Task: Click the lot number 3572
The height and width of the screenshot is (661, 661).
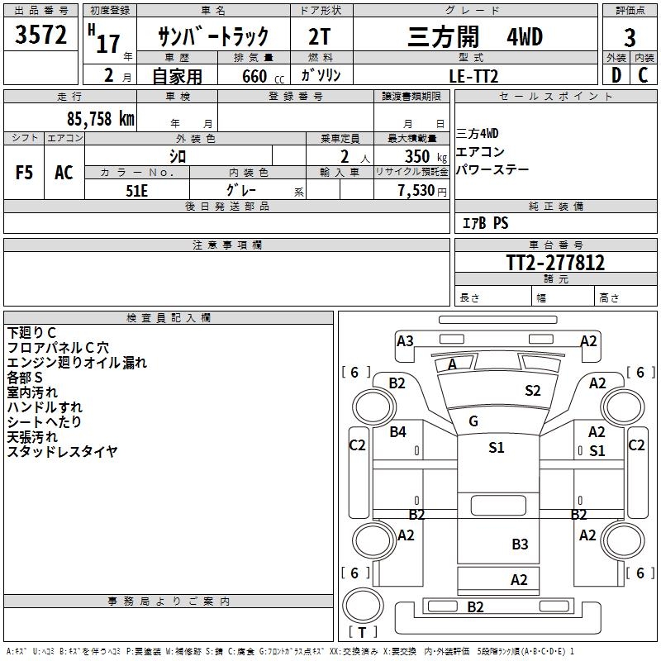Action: coord(41,35)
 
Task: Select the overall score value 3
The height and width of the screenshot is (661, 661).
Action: coord(630,37)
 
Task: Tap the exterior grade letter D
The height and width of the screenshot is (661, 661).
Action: coord(616,75)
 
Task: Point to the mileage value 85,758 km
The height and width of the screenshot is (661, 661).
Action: coord(100,118)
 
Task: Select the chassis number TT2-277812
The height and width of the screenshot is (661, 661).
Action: coord(555,263)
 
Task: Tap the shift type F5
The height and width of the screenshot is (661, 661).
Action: coord(24,173)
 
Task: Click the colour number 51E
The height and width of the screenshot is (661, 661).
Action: coord(137,189)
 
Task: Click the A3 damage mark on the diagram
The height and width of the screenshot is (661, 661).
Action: coord(405,340)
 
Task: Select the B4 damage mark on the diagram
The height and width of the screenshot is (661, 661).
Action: coord(398,431)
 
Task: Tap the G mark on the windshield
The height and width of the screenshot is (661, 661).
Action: coord(473,421)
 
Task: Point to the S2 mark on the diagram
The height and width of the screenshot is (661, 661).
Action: coord(533,390)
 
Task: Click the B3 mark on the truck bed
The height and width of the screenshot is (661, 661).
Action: coord(520,544)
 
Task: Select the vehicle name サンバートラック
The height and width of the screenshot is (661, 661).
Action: coord(214,36)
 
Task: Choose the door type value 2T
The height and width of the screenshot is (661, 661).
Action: coord(321,36)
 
